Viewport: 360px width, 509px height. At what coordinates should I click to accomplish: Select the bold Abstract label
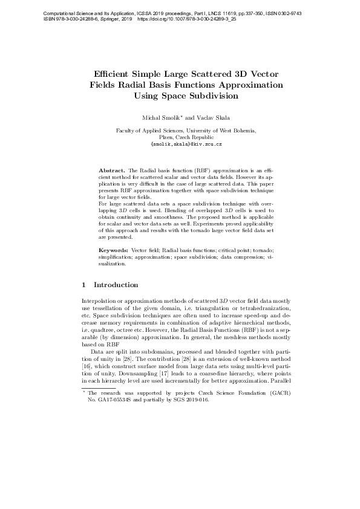click(113, 171)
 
